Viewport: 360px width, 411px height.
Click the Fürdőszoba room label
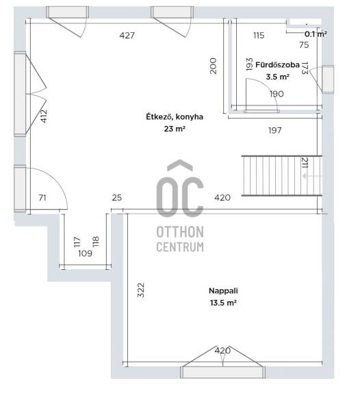coord(277,65)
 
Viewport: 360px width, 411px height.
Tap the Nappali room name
coord(223,290)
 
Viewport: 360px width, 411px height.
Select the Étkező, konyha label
coord(175,116)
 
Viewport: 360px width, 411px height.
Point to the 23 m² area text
coord(175,129)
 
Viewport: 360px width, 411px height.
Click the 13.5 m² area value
coord(223,303)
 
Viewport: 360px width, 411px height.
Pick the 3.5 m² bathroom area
coord(277,77)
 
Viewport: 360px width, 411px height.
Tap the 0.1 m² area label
coord(316,34)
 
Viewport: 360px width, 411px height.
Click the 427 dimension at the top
coord(127,36)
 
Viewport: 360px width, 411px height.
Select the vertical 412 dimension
coord(44,116)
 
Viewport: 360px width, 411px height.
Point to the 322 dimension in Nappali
coord(141,290)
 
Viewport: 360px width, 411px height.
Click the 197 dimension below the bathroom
coord(275,130)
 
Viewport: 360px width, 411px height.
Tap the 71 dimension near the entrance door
coord(42,198)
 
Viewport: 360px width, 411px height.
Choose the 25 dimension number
coord(117,198)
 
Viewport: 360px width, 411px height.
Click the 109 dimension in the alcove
coord(85,253)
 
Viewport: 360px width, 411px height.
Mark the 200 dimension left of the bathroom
coord(214,66)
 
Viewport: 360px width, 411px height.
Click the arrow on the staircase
coord(312,176)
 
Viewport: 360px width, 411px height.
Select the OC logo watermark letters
coord(180,188)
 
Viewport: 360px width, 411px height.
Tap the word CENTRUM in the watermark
coord(180,247)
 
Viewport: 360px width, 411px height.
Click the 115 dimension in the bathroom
coord(259,36)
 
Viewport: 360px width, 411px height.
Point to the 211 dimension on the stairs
coord(305,162)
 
